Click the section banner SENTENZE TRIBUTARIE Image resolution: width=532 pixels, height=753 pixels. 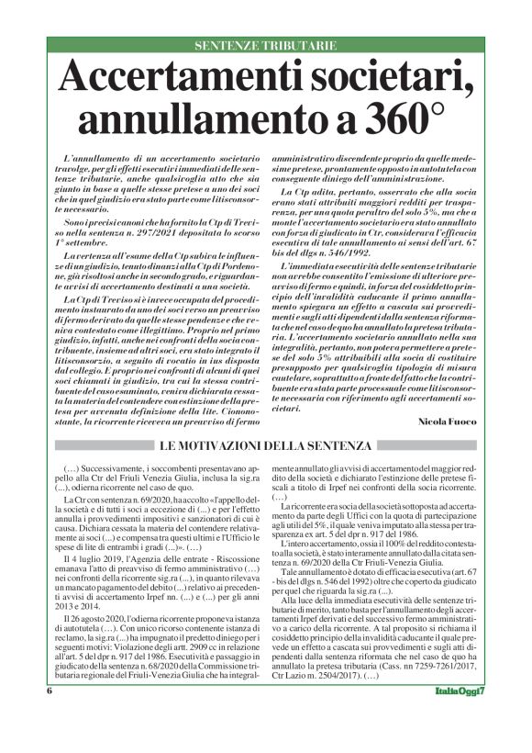266,46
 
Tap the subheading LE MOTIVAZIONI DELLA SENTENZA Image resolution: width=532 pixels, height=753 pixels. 265,445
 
